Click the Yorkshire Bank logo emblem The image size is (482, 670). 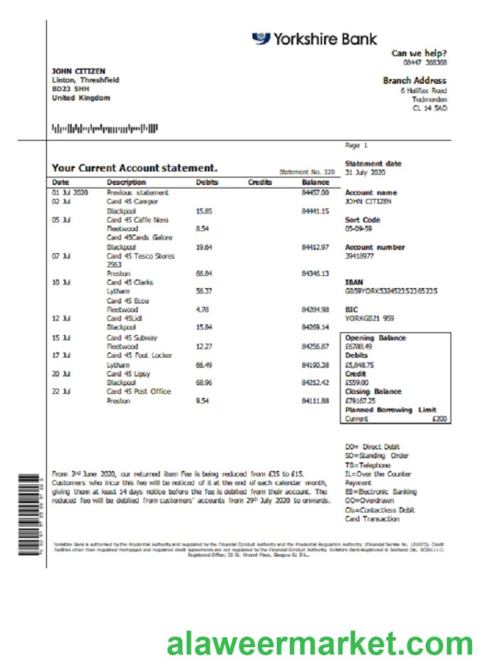261,38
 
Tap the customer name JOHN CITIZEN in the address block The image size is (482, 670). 78,71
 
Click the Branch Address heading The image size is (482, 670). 414,80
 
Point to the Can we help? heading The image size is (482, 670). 419,53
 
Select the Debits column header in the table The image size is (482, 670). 207,183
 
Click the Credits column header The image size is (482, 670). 259,183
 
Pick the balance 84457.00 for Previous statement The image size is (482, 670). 315,192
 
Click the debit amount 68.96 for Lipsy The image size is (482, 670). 205,383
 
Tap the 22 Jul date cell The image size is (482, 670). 60,391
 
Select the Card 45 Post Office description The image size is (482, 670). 139,391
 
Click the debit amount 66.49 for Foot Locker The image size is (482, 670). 205,364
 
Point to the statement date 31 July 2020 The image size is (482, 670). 365,173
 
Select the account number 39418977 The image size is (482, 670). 360,257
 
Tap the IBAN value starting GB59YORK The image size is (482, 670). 391,292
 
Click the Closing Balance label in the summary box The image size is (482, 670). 373,391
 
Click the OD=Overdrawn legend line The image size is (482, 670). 368,501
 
